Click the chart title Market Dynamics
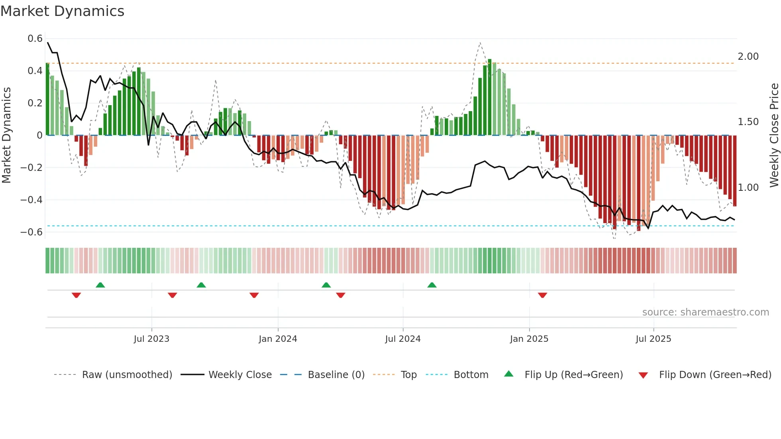click(x=62, y=11)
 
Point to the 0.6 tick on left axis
click(x=35, y=39)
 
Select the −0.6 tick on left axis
click(x=31, y=232)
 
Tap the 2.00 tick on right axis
click(x=748, y=57)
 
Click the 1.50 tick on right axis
click(x=748, y=122)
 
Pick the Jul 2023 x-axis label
click(x=151, y=339)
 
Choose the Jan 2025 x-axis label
click(x=529, y=339)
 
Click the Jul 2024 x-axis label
click(x=402, y=339)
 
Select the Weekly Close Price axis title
click(x=774, y=135)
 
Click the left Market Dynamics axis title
click(x=7, y=135)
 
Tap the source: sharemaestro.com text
click(x=705, y=312)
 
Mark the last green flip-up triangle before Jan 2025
click(x=432, y=285)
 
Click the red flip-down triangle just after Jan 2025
click(x=542, y=295)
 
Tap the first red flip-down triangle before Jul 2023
click(x=77, y=295)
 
